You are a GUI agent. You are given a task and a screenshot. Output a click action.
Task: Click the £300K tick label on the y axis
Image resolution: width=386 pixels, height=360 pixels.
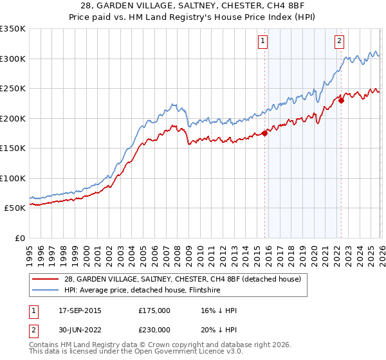[x=12, y=59]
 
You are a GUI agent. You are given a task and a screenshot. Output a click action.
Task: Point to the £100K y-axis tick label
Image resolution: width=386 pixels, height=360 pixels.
[x=12, y=178]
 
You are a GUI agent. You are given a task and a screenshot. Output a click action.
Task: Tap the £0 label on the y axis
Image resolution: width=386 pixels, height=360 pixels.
[x=19, y=238]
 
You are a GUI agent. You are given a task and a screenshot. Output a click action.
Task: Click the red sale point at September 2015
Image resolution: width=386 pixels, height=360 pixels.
[x=264, y=134]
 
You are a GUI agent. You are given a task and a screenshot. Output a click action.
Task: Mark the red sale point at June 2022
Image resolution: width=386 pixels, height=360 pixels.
[x=341, y=100]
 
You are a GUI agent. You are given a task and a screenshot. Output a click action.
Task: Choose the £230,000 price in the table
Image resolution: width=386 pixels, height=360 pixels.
[x=154, y=331]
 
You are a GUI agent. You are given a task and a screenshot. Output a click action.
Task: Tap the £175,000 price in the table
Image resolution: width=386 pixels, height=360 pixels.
[x=154, y=310]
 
